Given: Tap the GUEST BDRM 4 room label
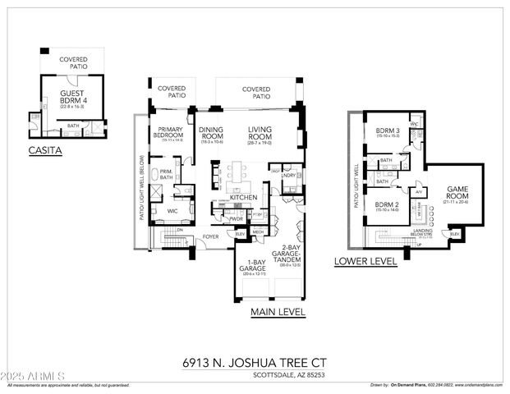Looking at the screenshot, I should (72, 97).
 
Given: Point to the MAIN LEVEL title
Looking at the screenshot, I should (278, 312).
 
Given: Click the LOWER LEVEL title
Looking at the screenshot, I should (365, 262).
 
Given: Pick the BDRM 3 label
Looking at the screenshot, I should (388, 132).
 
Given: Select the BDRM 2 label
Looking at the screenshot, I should (387, 205).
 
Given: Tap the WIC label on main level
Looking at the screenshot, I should (172, 211).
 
